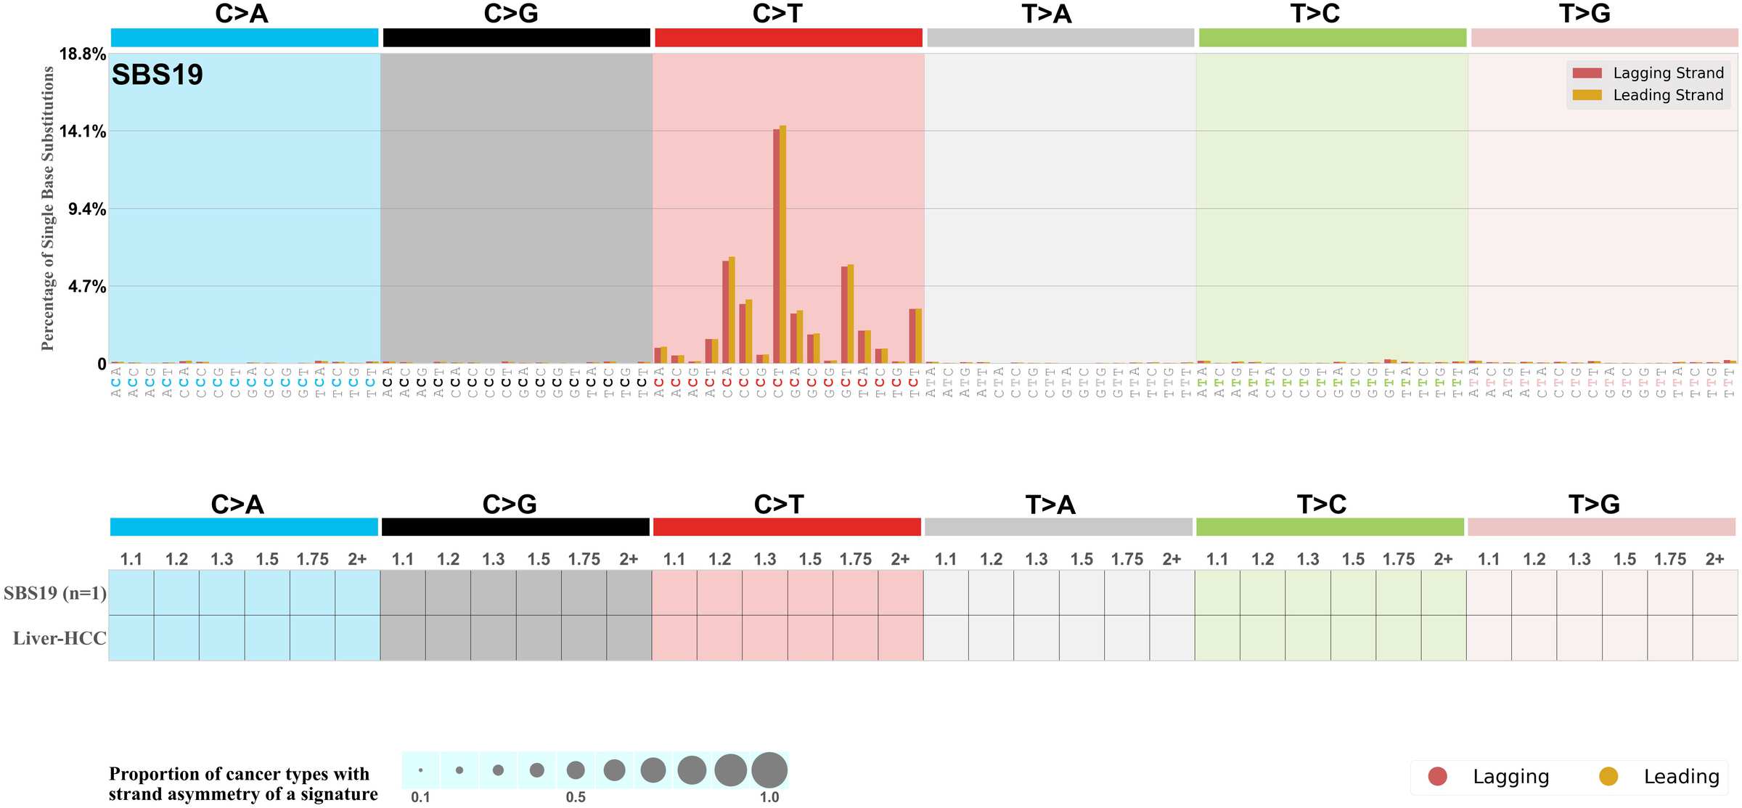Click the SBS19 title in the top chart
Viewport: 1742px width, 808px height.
coord(157,75)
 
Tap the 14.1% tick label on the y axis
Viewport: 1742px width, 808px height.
coord(83,131)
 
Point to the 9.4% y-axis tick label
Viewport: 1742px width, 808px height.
coord(87,209)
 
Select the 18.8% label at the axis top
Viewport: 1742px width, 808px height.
coord(83,54)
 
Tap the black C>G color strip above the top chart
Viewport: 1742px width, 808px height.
coord(516,38)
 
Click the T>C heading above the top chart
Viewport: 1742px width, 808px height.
coord(1314,14)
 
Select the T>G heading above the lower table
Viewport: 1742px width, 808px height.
coord(1594,505)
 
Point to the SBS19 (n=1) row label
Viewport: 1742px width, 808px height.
coord(55,593)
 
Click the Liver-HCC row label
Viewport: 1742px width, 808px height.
coord(60,638)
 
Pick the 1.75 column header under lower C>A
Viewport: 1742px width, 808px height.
coord(312,560)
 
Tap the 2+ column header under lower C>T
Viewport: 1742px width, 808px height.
coord(900,560)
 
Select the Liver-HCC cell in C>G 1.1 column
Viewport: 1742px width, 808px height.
coord(403,638)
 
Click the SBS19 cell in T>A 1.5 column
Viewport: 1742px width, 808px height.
coord(1081,593)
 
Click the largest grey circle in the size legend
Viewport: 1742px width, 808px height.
coord(769,770)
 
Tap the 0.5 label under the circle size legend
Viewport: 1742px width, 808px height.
coord(576,797)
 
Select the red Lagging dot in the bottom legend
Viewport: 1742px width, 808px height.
coord(1437,776)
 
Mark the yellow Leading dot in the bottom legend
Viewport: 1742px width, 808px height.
coord(1608,776)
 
